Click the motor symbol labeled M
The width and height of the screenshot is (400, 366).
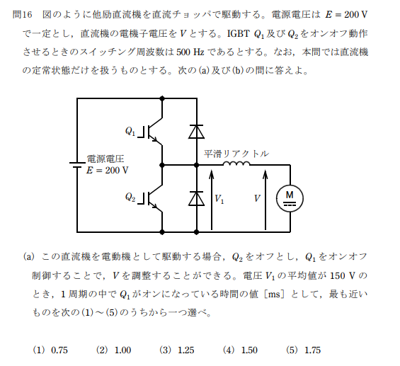[290, 198]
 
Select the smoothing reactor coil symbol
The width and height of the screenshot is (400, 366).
[236, 164]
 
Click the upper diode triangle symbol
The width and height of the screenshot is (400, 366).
[196, 132]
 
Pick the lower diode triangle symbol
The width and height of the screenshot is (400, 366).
[196, 198]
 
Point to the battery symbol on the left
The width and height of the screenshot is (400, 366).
[77, 165]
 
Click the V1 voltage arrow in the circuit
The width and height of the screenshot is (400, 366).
[212, 200]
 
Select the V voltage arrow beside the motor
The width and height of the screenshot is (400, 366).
[265, 200]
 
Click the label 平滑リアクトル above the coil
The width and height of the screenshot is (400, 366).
[236, 154]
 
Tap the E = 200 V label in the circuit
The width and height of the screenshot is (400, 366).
[107, 170]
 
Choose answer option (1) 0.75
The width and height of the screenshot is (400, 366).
[50, 350]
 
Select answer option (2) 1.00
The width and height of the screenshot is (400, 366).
[113, 350]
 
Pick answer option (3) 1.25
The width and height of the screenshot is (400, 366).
[176, 350]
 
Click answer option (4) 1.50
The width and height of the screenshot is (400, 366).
[240, 350]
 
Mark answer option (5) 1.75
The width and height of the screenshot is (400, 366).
[303, 350]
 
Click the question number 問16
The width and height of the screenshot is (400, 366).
[23, 15]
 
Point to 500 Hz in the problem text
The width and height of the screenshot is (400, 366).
[190, 52]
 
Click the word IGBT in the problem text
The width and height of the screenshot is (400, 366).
[238, 33]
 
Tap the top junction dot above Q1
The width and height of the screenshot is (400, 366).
[161, 98]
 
